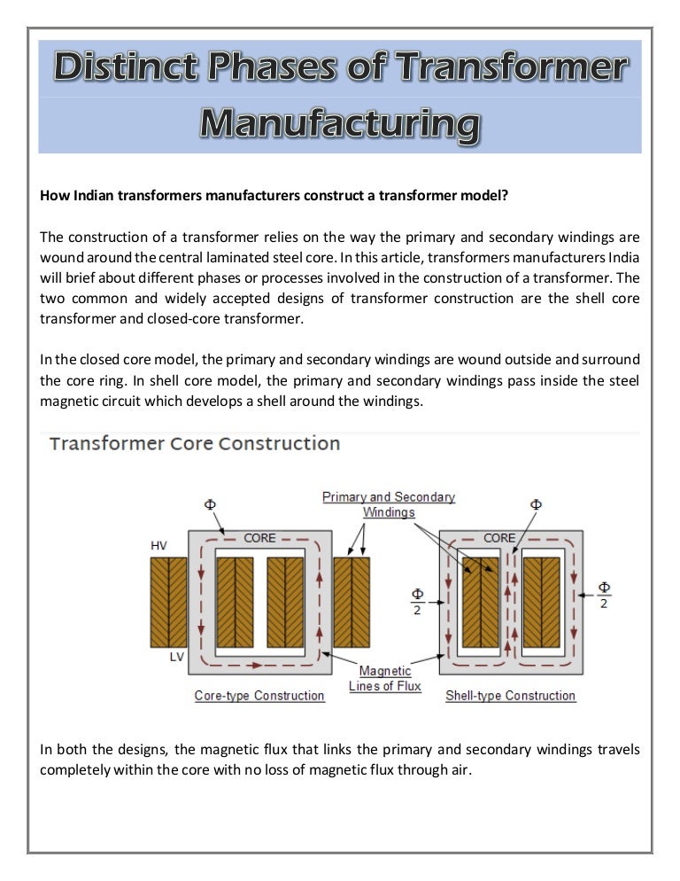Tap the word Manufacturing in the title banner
[340, 123]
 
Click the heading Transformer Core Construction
[195, 443]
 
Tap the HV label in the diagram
[158, 546]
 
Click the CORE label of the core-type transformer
[259, 538]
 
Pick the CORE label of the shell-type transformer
[499, 538]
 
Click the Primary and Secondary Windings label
[388, 504]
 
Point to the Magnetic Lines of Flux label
[385, 678]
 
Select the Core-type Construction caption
[259, 696]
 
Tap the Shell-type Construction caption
[510, 696]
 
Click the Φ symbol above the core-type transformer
[210, 504]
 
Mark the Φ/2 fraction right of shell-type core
[604, 595]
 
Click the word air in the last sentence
[460, 769]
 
